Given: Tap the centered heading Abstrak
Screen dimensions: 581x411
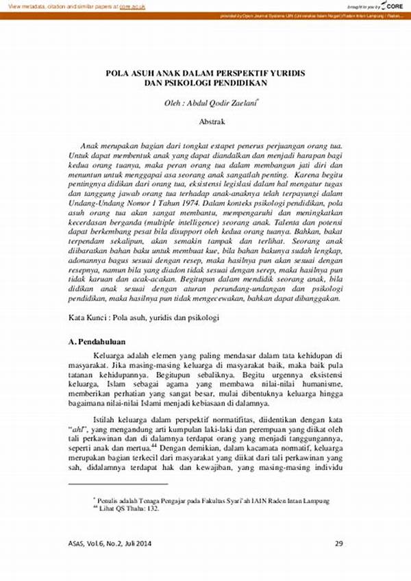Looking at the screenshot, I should [212, 121].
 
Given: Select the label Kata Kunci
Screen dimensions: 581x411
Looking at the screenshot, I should [88, 319].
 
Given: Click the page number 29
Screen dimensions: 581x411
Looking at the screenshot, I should [338, 544].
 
